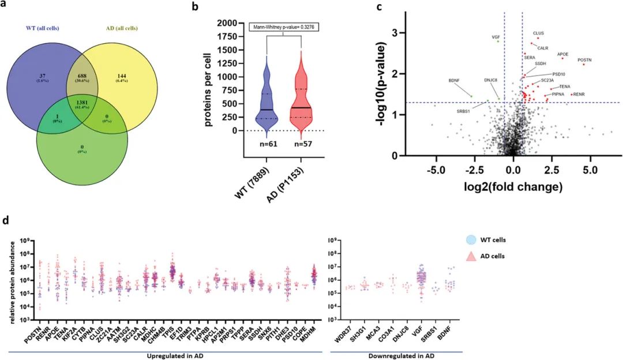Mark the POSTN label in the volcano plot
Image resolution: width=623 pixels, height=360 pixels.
pyautogui.click(x=584, y=59)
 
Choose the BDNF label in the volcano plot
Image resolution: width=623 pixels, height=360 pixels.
pyautogui.click(x=453, y=80)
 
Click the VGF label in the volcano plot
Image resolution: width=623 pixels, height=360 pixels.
pyautogui.click(x=496, y=37)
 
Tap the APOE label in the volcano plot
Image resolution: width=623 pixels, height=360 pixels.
pyautogui.click(x=563, y=54)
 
